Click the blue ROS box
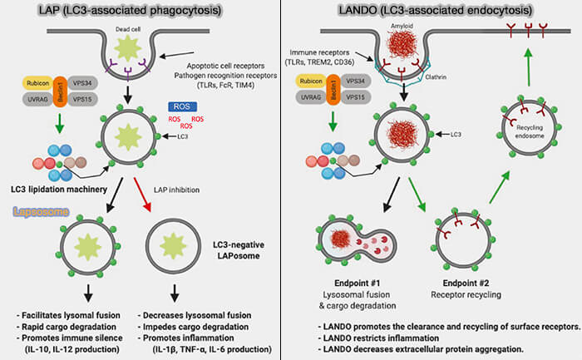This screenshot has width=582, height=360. [x=181, y=106]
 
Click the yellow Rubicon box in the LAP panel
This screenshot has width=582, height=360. [x=38, y=82]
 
